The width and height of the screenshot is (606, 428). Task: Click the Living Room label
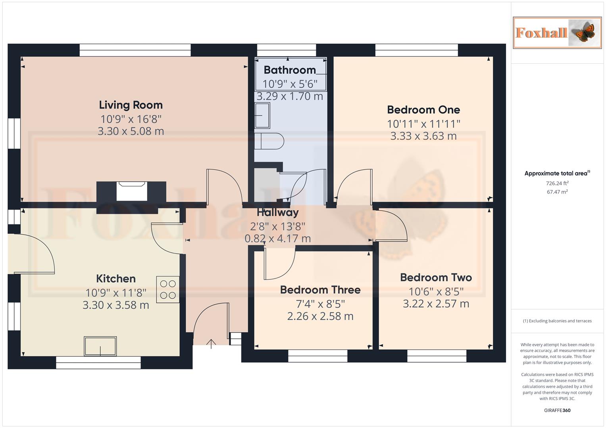coord(131,105)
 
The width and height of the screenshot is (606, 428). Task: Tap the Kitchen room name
coord(116,279)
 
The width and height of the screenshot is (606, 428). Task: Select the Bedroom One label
coord(423,110)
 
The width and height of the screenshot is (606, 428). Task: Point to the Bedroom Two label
coord(436,277)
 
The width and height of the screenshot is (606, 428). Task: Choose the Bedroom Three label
coord(320,290)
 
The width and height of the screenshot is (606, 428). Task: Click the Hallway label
coord(277,212)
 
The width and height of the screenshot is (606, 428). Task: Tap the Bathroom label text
coord(290,70)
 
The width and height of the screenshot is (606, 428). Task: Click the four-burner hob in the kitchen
coord(168,289)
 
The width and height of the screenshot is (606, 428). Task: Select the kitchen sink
coord(100,346)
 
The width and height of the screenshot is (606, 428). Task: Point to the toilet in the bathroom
coord(269,141)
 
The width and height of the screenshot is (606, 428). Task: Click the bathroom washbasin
coord(262,115)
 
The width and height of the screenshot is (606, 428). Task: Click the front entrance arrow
coord(211,343)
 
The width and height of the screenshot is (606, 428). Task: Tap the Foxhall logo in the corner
coord(557,32)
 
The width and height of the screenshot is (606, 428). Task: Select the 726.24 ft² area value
coord(557,183)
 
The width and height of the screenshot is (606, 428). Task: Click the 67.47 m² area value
coord(557,192)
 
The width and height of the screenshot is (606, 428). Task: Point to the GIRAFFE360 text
coord(557,410)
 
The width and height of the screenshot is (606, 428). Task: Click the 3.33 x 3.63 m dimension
coord(423,136)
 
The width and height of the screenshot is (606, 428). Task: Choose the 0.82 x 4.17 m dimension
coord(277,239)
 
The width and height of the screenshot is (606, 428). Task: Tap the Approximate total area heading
coord(557,173)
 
